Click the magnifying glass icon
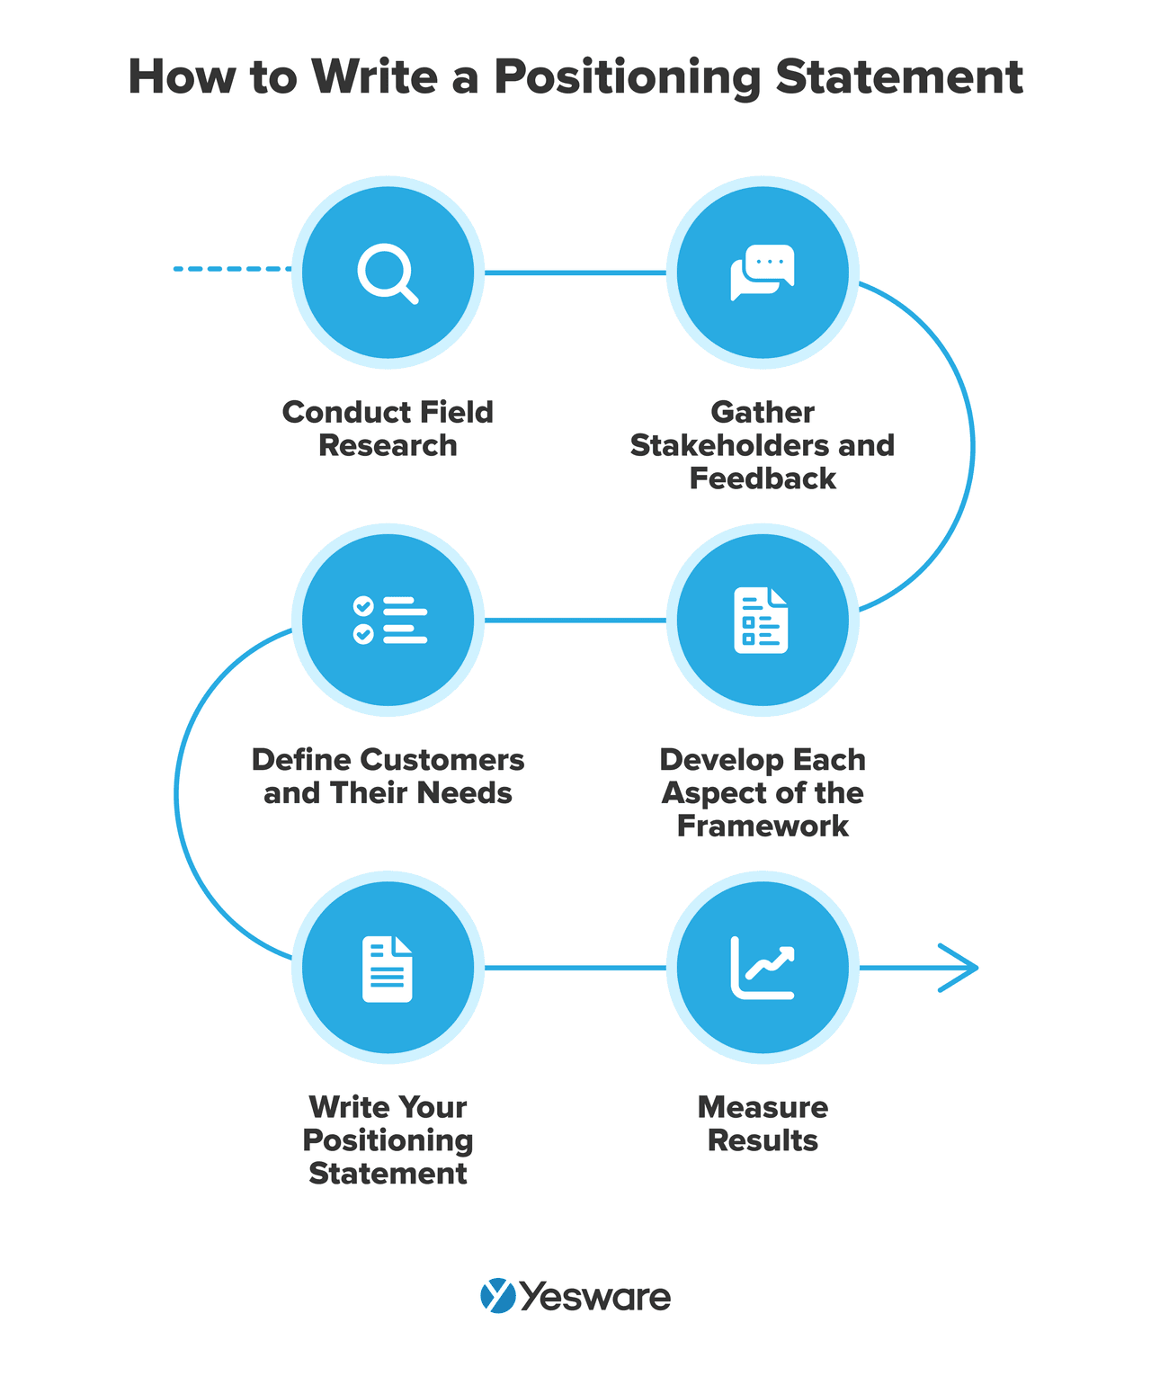tap(388, 273)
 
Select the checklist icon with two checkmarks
tap(389, 620)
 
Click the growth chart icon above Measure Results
tap(763, 968)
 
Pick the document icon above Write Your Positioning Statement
tap(388, 969)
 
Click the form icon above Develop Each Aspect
tap(762, 620)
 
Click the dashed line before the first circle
tap(231, 268)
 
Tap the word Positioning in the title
tap(628, 77)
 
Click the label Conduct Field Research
tap(388, 428)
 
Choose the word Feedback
tap(763, 478)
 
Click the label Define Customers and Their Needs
tap(388, 776)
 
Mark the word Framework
tap(763, 826)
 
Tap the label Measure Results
tap(763, 1123)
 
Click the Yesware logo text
tap(595, 1297)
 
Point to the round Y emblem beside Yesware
tap(497, 1296)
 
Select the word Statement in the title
tap(899, 77)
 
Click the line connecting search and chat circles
tap(575, 272)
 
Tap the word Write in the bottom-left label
tap(349, 1107)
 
